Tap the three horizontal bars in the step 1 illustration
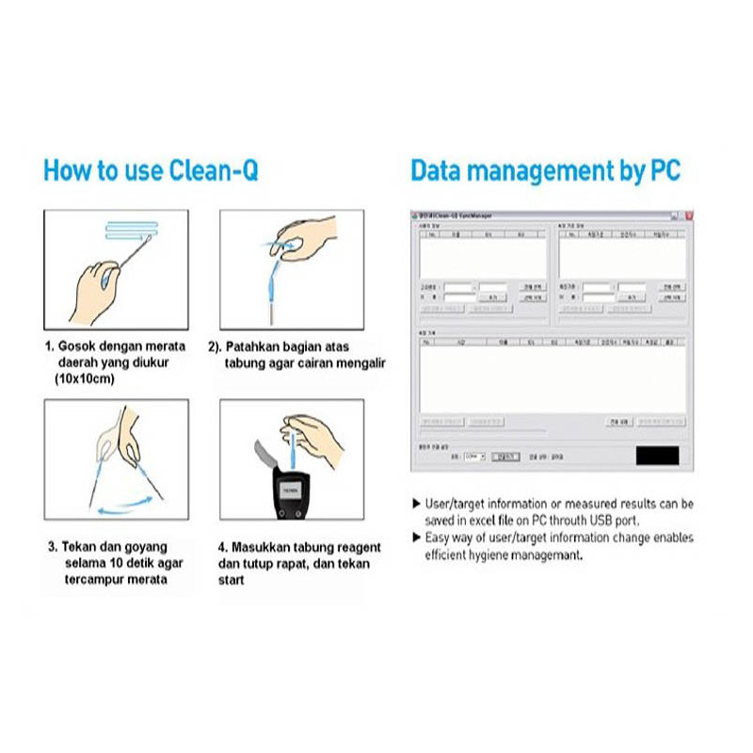click(137, 232)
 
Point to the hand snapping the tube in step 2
click(311, 235)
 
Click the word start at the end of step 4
click(231, 580)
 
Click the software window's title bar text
click(461, 216)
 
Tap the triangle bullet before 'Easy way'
click(417, 537)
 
